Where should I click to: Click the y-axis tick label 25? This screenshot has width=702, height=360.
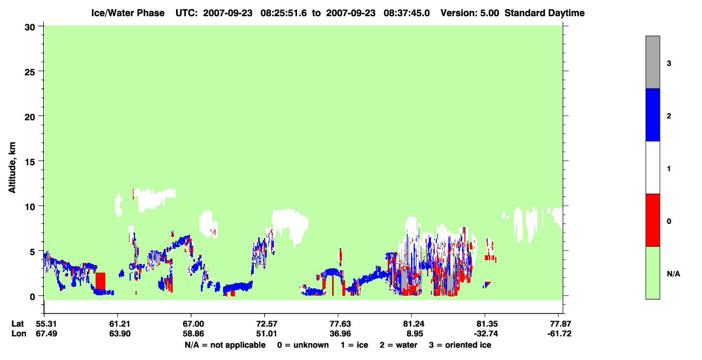30,72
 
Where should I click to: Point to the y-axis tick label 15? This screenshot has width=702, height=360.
30,162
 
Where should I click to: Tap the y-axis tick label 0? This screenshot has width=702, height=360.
32,296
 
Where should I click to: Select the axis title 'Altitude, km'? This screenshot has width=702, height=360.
12,168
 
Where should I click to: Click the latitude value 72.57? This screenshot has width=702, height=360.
266,324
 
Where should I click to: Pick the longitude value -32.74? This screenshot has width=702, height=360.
486,334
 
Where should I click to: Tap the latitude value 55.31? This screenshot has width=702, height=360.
46,324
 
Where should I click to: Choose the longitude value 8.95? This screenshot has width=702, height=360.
414,334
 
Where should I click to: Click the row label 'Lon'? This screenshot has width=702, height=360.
19,334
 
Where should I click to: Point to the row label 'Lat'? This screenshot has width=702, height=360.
17,324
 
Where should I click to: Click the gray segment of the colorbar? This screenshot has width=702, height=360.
652,62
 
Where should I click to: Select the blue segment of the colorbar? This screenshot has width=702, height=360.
652,114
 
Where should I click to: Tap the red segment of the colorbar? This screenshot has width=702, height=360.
652,220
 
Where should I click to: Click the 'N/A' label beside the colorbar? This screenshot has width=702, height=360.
673,274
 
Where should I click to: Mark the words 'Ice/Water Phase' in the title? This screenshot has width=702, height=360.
128,13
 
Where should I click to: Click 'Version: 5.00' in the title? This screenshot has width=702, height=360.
469,13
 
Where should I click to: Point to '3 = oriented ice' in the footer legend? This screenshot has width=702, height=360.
460,345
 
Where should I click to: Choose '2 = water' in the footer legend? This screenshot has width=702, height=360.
399,345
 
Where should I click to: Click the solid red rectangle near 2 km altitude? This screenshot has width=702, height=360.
100,281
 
